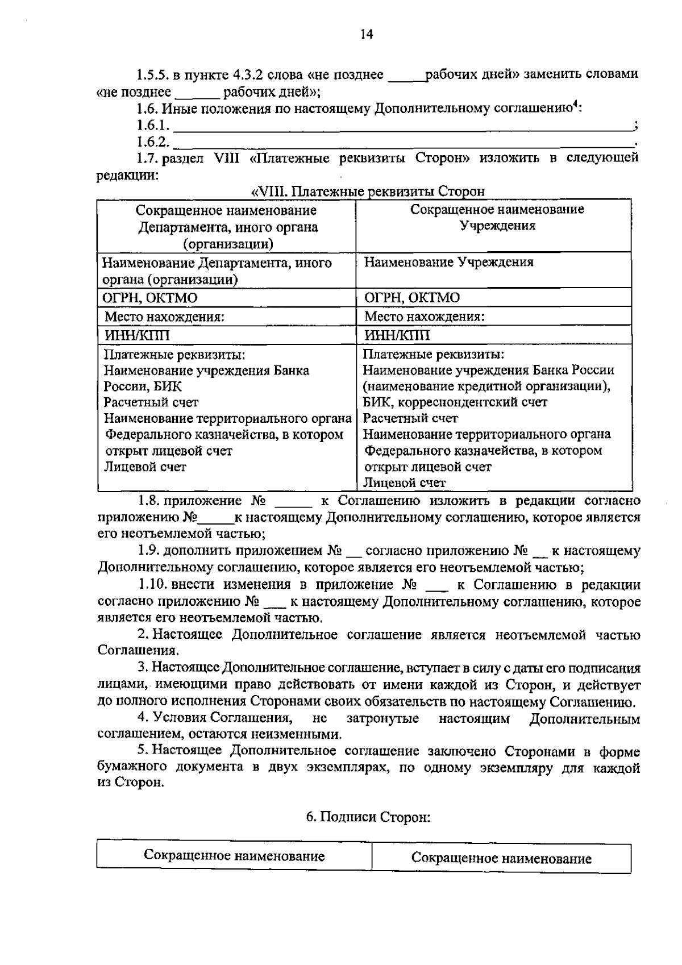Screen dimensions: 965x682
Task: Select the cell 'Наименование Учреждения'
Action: tap(448, 263)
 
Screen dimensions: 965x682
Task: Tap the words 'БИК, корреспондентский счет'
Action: tap(455, 402)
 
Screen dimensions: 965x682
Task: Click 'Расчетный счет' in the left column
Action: tap(151, 403)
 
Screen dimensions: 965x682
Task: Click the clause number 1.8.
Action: tap(151, 501)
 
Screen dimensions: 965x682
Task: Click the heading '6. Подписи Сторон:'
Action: tap(368, 817)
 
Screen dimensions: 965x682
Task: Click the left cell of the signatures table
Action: tap(234, 856)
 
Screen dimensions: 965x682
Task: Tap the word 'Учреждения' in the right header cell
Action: tap(497, 226)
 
